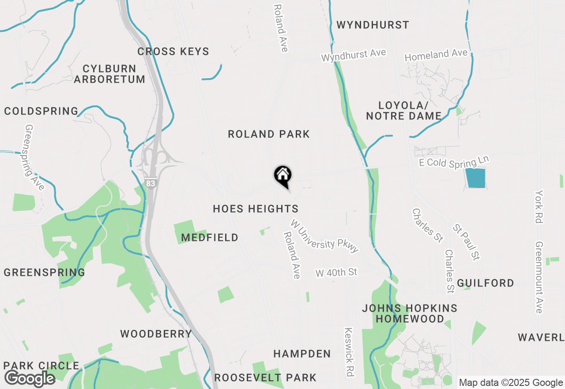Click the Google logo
[30, 378]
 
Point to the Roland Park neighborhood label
[269, 134]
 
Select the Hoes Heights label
[256, 209]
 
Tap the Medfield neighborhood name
[210, 238]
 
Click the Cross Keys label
[173, 52]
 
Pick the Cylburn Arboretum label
[109, 74]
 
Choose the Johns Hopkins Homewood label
[410, 313]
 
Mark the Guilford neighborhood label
[486, 283]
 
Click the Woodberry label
[156, 334]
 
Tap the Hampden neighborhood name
[302, 354]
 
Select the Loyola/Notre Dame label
[403, 111]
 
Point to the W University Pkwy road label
[324, 236]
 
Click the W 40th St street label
[336, 272]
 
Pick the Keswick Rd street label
[349, 352]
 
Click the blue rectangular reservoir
[475, 178]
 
